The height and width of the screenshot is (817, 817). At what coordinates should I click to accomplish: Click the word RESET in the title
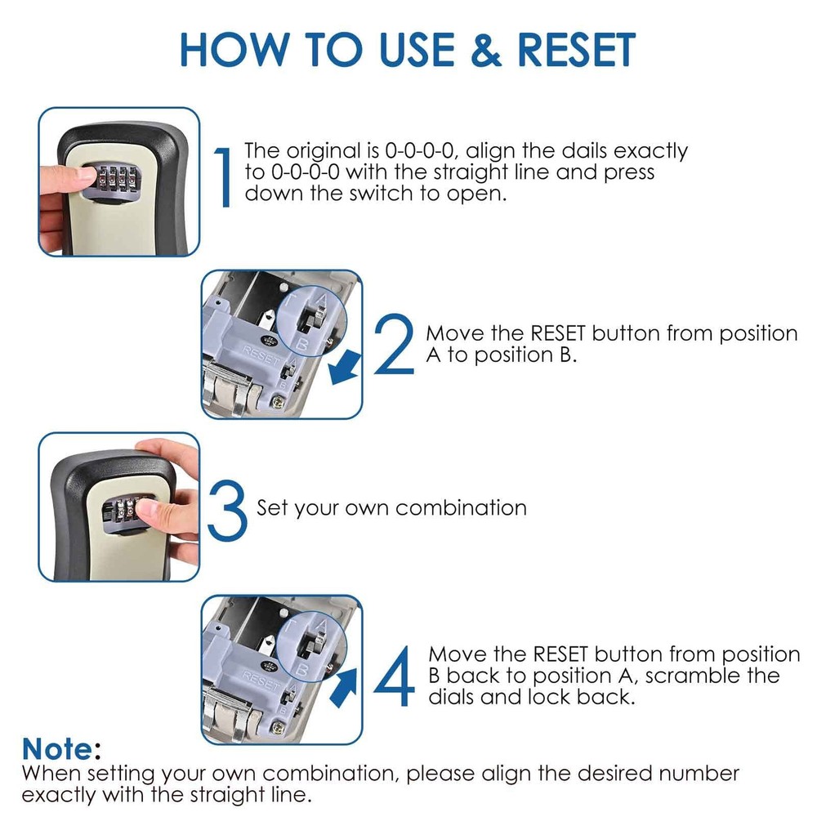577,51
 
